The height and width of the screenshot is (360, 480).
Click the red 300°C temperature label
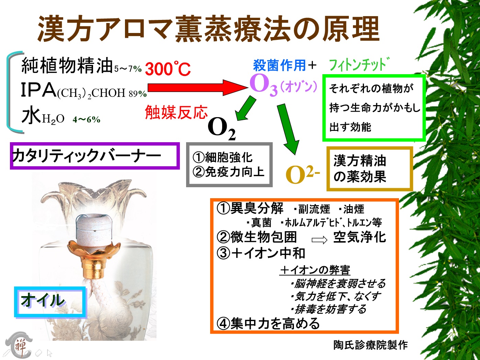(168, 69)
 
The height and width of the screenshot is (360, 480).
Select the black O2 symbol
(222, 130)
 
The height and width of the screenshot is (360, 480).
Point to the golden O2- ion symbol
(302, 174)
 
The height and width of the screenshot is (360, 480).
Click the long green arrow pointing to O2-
(288, 130)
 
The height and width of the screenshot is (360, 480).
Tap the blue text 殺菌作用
(279, 65)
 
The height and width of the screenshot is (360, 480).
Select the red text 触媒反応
(176, 112)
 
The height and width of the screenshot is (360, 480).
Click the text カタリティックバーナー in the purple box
(87, 156)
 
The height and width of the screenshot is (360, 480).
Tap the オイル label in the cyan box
(43, 300)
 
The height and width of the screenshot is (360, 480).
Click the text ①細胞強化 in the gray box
(222, 157)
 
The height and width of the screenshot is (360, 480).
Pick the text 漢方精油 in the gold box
(360, 161)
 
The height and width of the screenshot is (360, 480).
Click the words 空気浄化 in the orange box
(360, 237)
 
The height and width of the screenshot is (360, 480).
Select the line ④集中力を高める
(268, 324)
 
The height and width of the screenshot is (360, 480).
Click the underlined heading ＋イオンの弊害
(315, 270)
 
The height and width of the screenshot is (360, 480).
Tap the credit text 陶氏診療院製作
(370, 345)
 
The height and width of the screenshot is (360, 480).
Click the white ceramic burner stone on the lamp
(94, 228)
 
